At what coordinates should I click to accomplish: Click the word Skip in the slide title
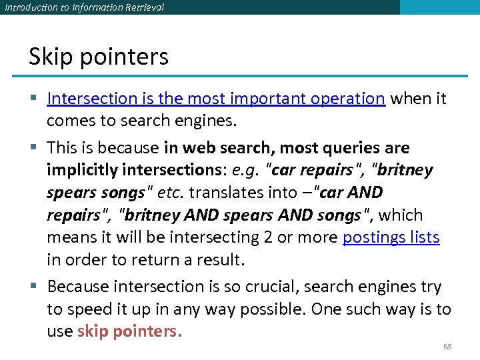point(50,57)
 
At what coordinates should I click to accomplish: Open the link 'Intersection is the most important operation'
point(216,99)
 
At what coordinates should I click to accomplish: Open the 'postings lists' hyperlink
point(391,237)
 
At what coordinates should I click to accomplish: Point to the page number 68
point(447,347)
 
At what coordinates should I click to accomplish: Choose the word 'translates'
point(222,193)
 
